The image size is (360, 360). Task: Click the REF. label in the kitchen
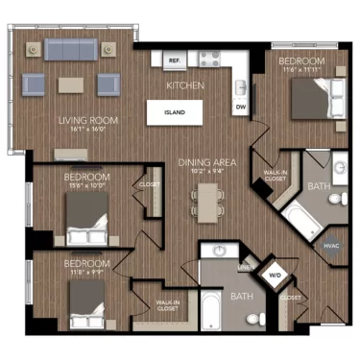[x=175, y=61]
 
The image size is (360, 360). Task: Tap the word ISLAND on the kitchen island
[x=174, y=112]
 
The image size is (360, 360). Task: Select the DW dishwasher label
[x=240, y=107]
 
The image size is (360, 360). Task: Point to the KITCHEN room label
[x=185, y=85]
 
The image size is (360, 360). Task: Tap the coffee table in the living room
[x=70, y=84]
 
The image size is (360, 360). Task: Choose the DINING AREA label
[x=207, y=163]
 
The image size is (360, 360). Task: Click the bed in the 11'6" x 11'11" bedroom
[x=318, y=97]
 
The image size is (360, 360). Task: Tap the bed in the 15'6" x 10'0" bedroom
[x=86, y=228]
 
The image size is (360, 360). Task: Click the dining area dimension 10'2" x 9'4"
[x=207, y=174]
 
